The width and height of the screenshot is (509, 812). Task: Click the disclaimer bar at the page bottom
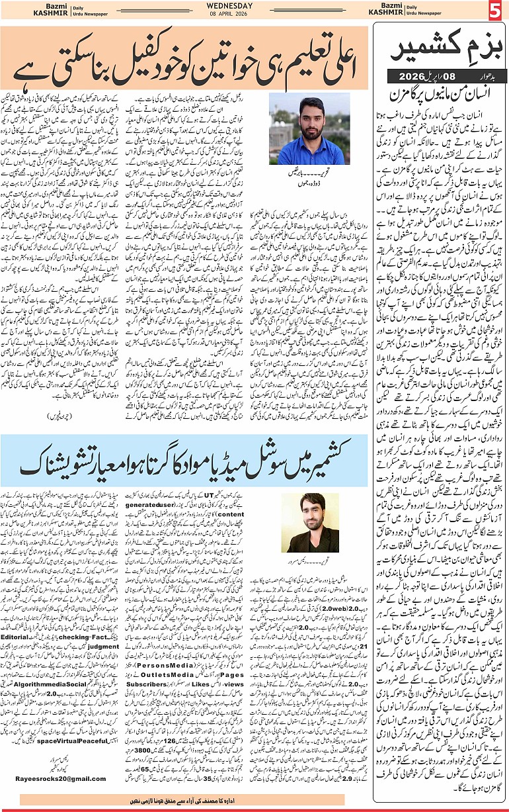188,800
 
